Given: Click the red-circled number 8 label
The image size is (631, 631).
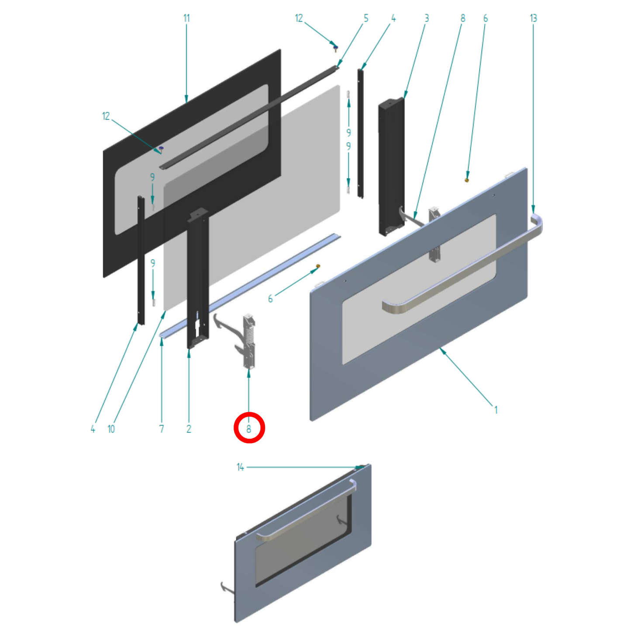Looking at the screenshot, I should click(x=249, y=428).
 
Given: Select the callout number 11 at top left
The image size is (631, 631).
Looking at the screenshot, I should click(x=186, y=18).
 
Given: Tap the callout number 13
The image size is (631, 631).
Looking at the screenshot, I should click(x=533, y=18).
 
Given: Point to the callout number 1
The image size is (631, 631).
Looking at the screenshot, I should click(x=496, y=410).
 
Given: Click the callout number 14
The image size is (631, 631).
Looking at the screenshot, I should click(x=240, y=467).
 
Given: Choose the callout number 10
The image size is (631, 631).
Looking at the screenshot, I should click(x=111, y=429).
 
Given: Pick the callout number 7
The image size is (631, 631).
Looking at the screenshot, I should click(x=162, y=429).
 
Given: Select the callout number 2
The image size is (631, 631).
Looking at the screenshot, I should click(x=189, y=429).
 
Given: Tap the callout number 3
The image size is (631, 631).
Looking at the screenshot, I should click(x=427, y=18).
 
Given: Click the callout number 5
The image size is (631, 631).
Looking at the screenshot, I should click(x=366, y=18).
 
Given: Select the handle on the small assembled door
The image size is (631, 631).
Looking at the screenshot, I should click(x=306, y=511).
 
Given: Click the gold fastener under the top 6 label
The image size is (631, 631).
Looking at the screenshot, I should click(x=467, y=179).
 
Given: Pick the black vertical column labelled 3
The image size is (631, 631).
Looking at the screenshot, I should click(x=391, y=166).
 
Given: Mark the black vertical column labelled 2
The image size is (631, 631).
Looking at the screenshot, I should click(x=198, y=279).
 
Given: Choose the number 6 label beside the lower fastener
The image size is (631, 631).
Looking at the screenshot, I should click(x=270, y=299).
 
